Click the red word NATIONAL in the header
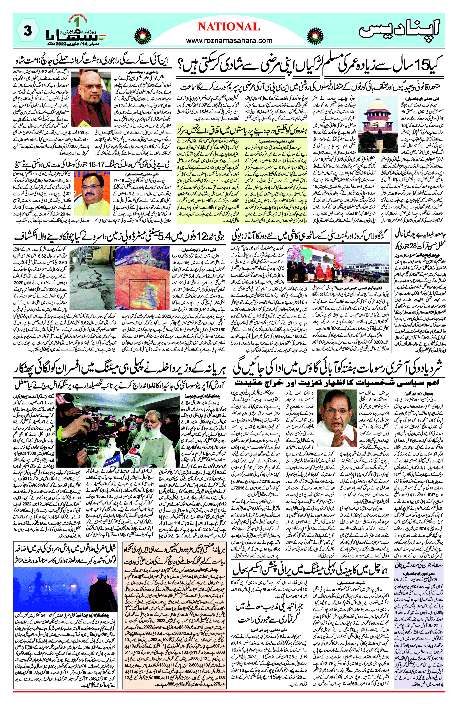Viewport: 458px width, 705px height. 229,27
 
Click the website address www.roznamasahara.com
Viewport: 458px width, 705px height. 229,41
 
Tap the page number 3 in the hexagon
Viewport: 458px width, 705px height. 28,30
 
